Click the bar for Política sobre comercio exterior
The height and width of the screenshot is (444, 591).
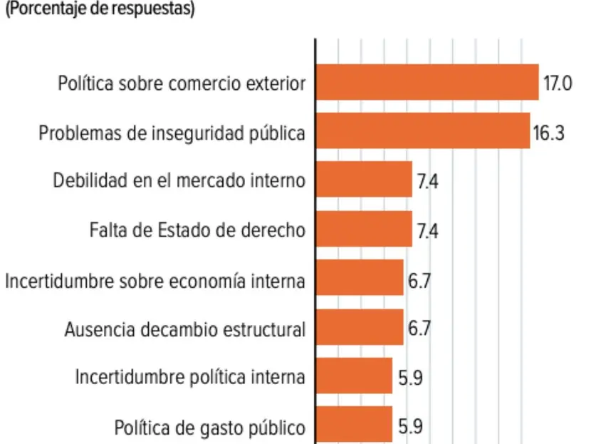pos(427,82)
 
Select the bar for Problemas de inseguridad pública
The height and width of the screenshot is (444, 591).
pos(423,130)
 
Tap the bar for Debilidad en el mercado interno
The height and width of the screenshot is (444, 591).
pos(364,180)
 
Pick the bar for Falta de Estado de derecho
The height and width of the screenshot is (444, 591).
pos(364,229)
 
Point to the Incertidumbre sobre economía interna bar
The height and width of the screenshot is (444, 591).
pos(360,278)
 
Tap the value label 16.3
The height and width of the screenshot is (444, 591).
pos(549,133)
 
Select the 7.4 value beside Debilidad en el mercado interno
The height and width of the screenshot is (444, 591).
pos(427,182)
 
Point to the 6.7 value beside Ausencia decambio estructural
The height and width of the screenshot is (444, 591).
pos(419,330)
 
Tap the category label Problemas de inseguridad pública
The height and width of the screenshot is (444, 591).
pos(172,133)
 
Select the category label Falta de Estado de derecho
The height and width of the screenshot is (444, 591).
pos(198,231)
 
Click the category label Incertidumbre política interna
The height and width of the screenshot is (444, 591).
pos(191,377)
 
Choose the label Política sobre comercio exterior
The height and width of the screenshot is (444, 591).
pos(182,84)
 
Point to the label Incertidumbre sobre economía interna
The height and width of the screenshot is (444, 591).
pos(155,281)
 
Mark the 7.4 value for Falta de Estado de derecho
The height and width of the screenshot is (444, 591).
pos(427,232)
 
